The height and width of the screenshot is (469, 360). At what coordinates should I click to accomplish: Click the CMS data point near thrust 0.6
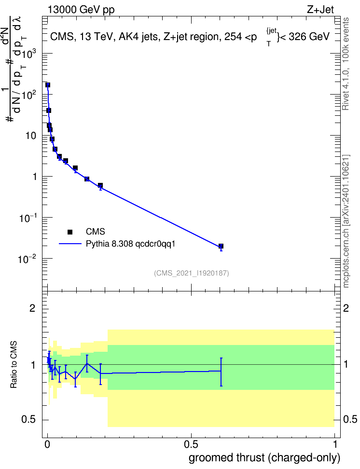click(x=221, y=246)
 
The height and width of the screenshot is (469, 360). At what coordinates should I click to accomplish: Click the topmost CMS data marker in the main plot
click(x=48, y=85)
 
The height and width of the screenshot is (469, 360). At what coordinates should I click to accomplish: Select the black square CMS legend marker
click(x=70, y=232)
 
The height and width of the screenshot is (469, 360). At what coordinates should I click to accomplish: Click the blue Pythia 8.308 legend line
click(x=70, y=244)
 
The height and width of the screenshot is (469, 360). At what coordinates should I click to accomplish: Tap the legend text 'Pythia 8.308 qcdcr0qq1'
click(x=130, y=244)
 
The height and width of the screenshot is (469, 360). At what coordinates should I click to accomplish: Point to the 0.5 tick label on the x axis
click(x=191, y=444)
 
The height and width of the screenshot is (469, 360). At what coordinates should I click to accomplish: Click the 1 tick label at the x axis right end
click(x=334, y=444)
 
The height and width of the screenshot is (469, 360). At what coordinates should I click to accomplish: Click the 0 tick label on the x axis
click(x=47, y=444)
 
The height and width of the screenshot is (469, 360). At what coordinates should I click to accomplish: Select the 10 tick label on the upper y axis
click(x=31, y=136)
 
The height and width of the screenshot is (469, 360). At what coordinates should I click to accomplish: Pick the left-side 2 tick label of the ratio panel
click(x=32, y=308)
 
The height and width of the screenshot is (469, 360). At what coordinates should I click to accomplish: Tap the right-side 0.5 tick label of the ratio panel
click(x=350, y=419)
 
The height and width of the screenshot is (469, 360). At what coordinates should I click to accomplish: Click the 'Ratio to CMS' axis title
click(x=14, y=365)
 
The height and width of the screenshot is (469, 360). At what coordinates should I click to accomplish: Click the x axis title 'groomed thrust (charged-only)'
click(x=264, y=458)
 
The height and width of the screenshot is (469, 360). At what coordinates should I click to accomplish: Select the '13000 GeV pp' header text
click(x=81, y=10)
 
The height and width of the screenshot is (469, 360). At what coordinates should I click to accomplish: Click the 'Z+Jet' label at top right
click(x=320, y=10)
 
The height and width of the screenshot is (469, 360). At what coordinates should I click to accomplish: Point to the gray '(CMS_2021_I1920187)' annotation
click(x=192, y=273)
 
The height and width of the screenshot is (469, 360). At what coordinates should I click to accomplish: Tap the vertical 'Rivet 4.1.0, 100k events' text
click(x=346, y=64)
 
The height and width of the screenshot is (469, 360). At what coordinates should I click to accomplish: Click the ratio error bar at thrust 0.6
click(x=221, y=372)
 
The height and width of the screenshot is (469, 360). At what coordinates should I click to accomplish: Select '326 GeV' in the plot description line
click(x=309, y=37)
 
